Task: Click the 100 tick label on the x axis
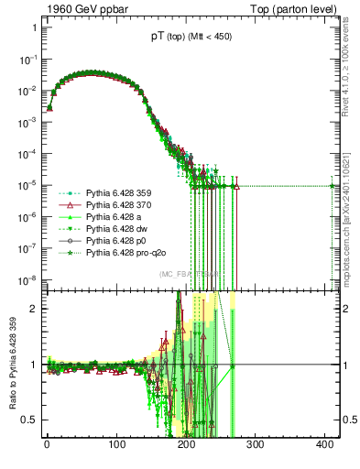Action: [x=116, y=445]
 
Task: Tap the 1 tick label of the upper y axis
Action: [x=33, y=27]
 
